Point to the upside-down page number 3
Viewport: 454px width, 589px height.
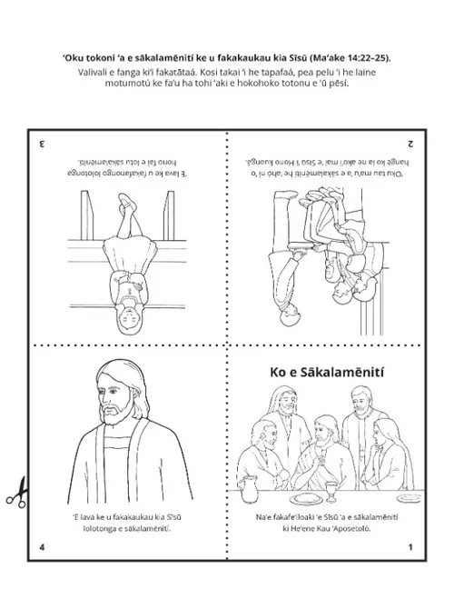(42, 144)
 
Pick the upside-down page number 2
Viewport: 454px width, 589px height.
(410, 144)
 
